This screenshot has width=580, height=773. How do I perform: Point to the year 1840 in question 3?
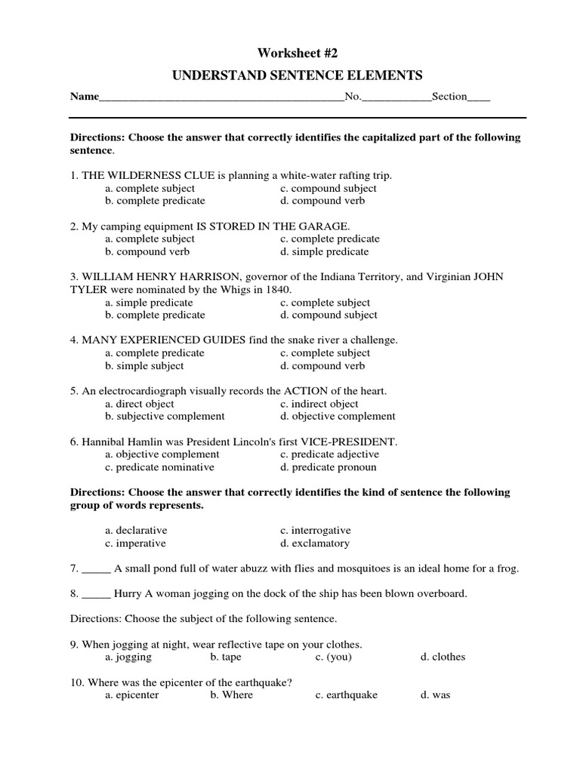[277, 289]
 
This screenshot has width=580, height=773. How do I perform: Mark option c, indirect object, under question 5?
[319, 404]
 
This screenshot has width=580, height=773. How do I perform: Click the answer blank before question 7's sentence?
[96, 568]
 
